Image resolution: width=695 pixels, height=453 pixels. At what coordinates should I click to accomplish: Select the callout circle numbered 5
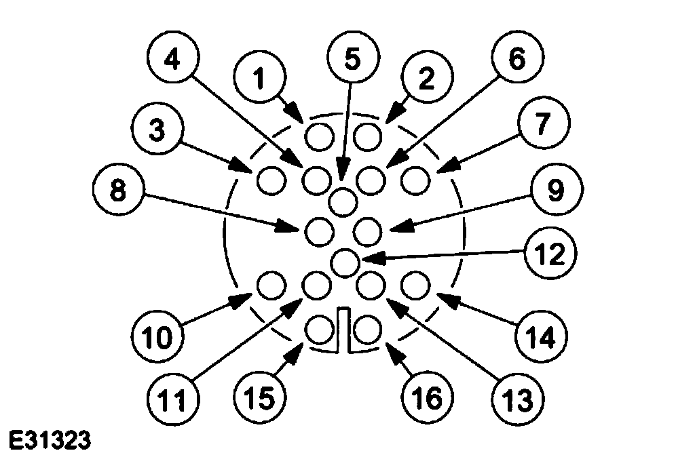click(x=351, y=59)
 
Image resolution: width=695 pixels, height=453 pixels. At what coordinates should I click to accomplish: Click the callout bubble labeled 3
click(x=157, y=131)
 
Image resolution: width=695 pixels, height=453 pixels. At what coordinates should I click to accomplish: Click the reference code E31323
click(x=45, y=440)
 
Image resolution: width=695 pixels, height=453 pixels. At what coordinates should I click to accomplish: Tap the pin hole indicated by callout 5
click(x=344, y=201)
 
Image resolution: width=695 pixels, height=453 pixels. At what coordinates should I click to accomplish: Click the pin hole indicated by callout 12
click(x=345, y=260)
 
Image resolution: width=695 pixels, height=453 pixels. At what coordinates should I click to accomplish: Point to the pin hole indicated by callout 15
click(x=318, y=330)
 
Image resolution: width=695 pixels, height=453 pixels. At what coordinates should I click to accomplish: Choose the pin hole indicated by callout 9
click(x=369, y=231)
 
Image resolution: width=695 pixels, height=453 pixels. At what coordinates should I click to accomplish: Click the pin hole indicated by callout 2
click(x=369, y=137)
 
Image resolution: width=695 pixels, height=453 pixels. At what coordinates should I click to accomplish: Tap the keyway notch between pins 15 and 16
click(x=343, y=330)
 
